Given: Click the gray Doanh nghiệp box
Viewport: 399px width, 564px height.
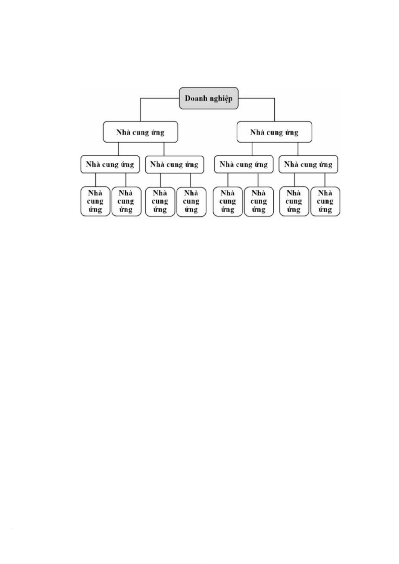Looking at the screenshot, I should pyautogui.click(x=208, y=98).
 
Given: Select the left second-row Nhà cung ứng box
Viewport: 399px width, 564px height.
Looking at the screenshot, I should pyautogui.click(x=140, y=132).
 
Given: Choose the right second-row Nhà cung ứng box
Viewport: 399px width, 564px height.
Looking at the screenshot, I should pyautogui.click(x=274, y=132).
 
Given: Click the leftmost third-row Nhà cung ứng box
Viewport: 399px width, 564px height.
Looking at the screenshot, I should pyautogui.click(x=110, y=164).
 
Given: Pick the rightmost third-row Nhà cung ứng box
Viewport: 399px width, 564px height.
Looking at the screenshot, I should pyautogui.click(x=308, y=164).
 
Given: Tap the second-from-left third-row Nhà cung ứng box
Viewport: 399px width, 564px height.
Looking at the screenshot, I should pyautogui.click(x=174, y=164).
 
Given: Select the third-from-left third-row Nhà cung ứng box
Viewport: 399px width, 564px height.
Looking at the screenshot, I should pyautogui.click(x=244, y=164).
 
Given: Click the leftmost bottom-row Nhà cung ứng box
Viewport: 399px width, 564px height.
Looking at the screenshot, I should pyautogui.click(x=95, y=202).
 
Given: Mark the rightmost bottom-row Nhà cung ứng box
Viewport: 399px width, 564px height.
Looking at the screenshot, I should pyautogui.click(x=325, y=202).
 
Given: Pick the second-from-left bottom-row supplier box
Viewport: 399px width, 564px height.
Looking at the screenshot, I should pyautogui.click(x=126, y=202).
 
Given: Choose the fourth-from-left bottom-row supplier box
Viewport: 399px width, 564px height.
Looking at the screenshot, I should pyautogui.click(x=191, y=202).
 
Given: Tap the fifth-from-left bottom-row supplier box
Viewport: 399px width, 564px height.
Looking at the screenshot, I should pyautogui.click(x=227, y=202).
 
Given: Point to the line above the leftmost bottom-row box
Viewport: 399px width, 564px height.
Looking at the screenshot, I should pyautogui.click(x=95, y=180).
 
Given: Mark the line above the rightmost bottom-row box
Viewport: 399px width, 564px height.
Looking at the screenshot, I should pyautogui.click(x=325, y=180).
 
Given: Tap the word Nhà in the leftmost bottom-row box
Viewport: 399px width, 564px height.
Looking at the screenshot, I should pyautogui.click(x=95, y=193).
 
